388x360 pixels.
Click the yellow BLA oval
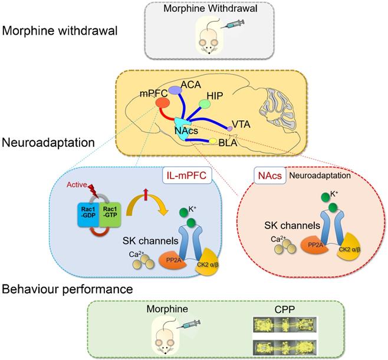click(x=213, y=141)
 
